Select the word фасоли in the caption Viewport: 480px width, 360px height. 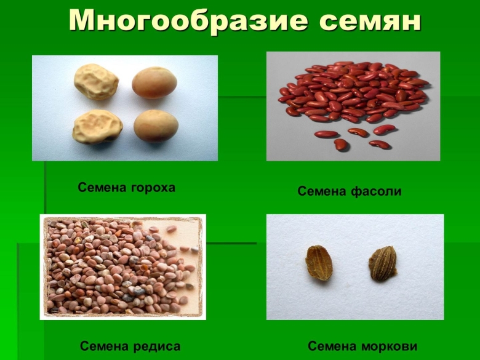[376, 191]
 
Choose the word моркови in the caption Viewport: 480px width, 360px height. [388, 346]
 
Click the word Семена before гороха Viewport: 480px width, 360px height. [103, 188]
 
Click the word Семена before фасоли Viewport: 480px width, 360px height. [322, 191]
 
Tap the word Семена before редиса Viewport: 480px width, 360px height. [105, 346]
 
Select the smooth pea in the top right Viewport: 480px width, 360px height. [154, 83]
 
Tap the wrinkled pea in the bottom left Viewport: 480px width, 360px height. [97, 127]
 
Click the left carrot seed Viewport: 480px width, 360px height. [319, 263]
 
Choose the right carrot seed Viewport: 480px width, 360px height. [382, 263]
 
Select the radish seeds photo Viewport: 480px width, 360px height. [123, 266]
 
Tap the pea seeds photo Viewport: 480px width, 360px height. [125, 108]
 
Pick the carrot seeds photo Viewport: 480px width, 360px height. [354, 266]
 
